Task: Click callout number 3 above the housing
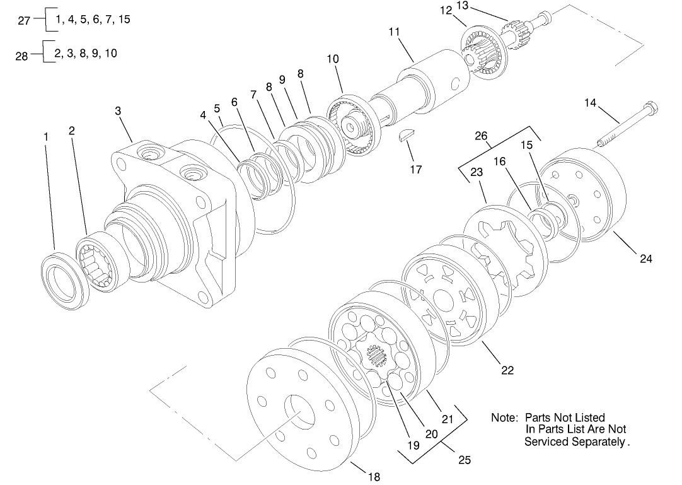pyautogui.click(x=118, y=110)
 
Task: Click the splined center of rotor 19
pyautogui.click(x=377, y=358)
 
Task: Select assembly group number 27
pyautogui.click(x=23, y=20)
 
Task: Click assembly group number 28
pyautogui.click(x=21, y=56)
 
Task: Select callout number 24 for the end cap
pyautogui.click(x=645, y=258)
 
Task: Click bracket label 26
pyautogui.click(x=480, y=135)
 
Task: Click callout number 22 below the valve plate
pyautogui.click(x=507, y=370)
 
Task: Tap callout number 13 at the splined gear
pyautogui.click(x=480, y=6)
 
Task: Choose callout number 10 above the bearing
pyautogui.click(x=332, y=59)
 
